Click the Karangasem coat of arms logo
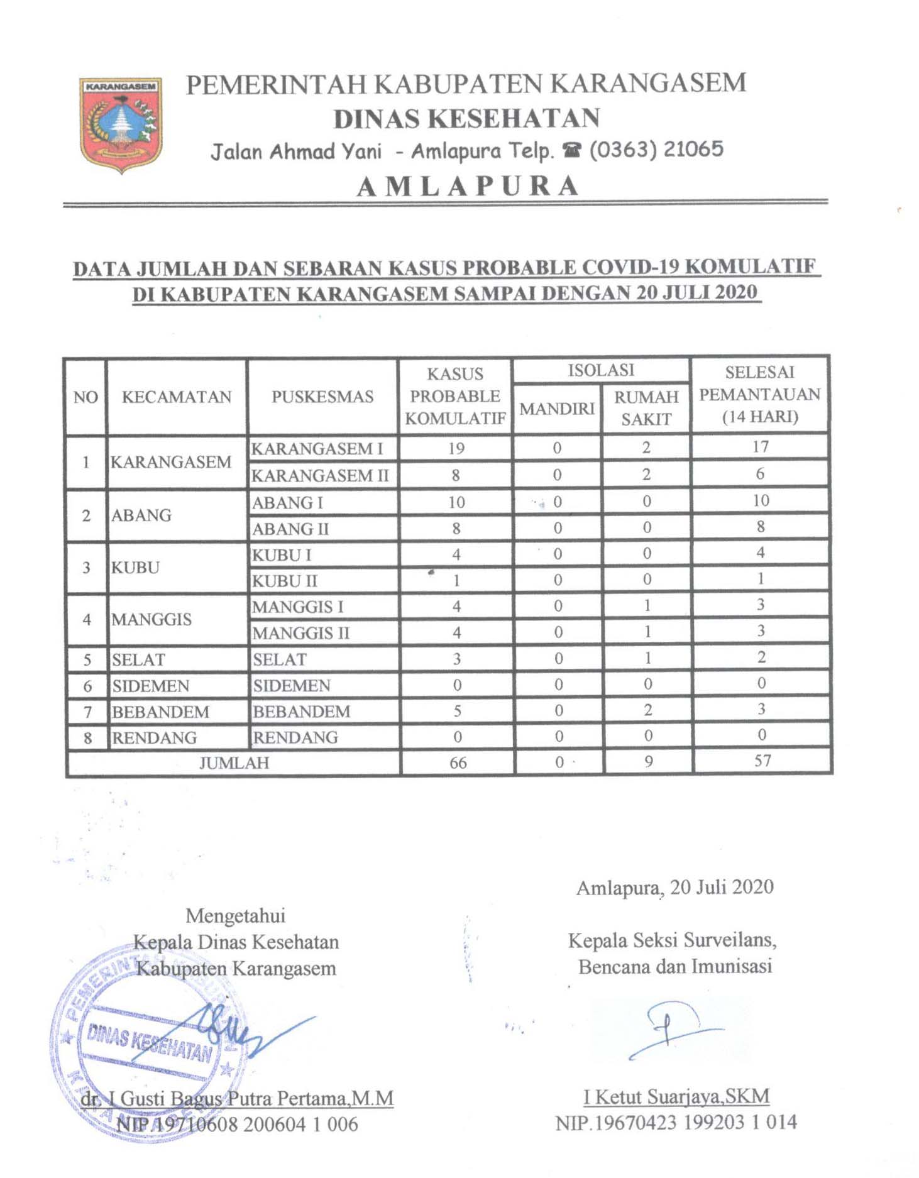pyautogui.click(x=121, y=124)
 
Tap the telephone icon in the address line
pyautogui.click(x=571, y=150)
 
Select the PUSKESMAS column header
pyautogui.click(x=322, y=397)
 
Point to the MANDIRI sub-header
pyautogui.click(x=556, y=409)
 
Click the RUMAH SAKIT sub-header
pyautogui.click(x=646, y=408)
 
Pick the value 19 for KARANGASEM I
pyautogui.click(x=456, y=448)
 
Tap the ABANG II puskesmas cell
pyautogui.click(x=290, y=529)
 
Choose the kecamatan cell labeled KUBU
pyautogui.click(x=135, y=568)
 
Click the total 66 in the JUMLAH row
pyautogui.click(x=458, y=762)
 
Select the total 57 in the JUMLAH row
pyautogui.click(x=762, y=761)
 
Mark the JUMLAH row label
pyautogui.click(x=234, y=762)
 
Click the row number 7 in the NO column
pyautogui.click(x=87, y=712)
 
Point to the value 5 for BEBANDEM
pyautogui.click(x=457, y=711)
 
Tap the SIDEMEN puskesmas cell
pyautogui.click(x=292, y=685)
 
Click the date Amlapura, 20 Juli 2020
pyautogui.click(x=674, y=887)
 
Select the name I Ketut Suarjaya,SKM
pyautogui.click(x=676, y=1096)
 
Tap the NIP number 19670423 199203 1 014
pyautogui.click(x=676, y=1122)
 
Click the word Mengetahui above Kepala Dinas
pyautogui.click(x=236, y=915)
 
